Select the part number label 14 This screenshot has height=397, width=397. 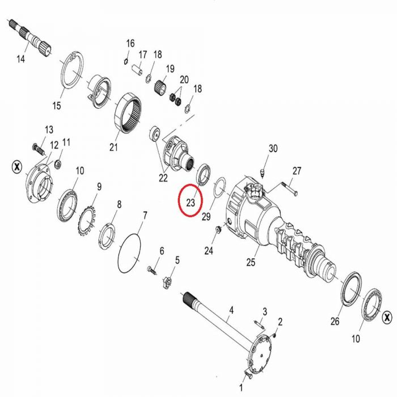pos(21,59)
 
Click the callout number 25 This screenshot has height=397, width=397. pos(251,262)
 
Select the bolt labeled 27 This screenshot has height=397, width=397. pos(289,189)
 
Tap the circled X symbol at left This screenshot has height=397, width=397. pos(17,167)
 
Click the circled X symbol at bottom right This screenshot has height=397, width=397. pos(387,317)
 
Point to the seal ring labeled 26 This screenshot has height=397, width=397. pos(343,289)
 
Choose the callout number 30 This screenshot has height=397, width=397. pos(273,149)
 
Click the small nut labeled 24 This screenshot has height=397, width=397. pos(217,230)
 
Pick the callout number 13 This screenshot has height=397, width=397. pos(49,130)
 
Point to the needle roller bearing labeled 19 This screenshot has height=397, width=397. pos(160,87)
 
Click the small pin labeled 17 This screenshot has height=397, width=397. pos(137,69)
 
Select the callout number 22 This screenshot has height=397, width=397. pos(163,178)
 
